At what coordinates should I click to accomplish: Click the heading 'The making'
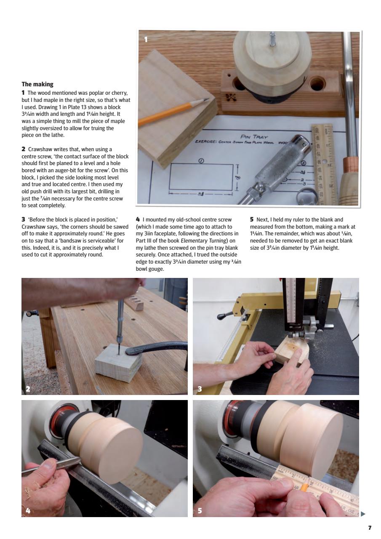(x=37, y=84)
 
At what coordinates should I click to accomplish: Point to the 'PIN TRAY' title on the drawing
(x=253, y=137)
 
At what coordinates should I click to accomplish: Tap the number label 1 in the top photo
(x=146, y=40)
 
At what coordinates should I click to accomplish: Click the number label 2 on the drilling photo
(x=28, y=389)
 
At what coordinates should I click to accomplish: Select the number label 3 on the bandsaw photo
(x=200, y=389)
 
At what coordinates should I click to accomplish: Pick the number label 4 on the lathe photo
(x=28, y=510)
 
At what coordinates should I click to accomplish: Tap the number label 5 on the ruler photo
(x=200, y=510)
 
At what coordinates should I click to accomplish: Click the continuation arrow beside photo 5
(x=363, y=514)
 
